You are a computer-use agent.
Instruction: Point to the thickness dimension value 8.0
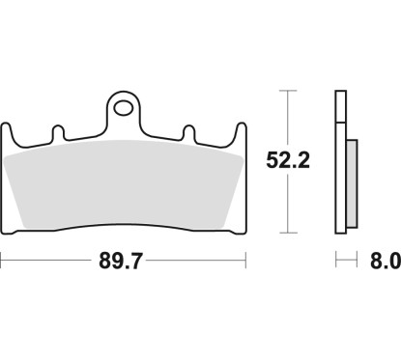(383, 262)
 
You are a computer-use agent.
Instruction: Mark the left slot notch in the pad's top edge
(58, 129)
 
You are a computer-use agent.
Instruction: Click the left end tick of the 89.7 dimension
(2, 261)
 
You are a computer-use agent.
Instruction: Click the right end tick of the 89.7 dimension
(246, 261)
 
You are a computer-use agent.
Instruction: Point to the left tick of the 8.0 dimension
(336, 261)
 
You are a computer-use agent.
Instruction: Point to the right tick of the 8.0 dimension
(358, 261)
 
